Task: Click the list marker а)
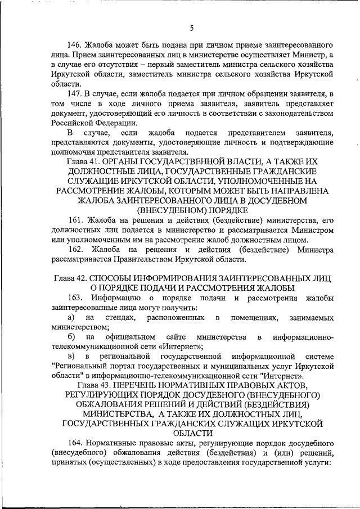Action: click(x=70, y=318)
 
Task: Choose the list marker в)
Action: click(x=70, y=357)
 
